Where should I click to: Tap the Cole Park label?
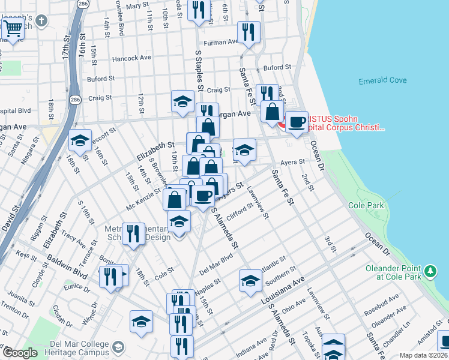365,205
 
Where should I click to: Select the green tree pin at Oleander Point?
430,272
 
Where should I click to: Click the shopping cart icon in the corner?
13,28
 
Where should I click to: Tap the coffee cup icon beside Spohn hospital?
295,122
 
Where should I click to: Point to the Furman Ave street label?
220,43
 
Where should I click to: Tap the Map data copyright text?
424,355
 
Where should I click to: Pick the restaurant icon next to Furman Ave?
248,32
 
